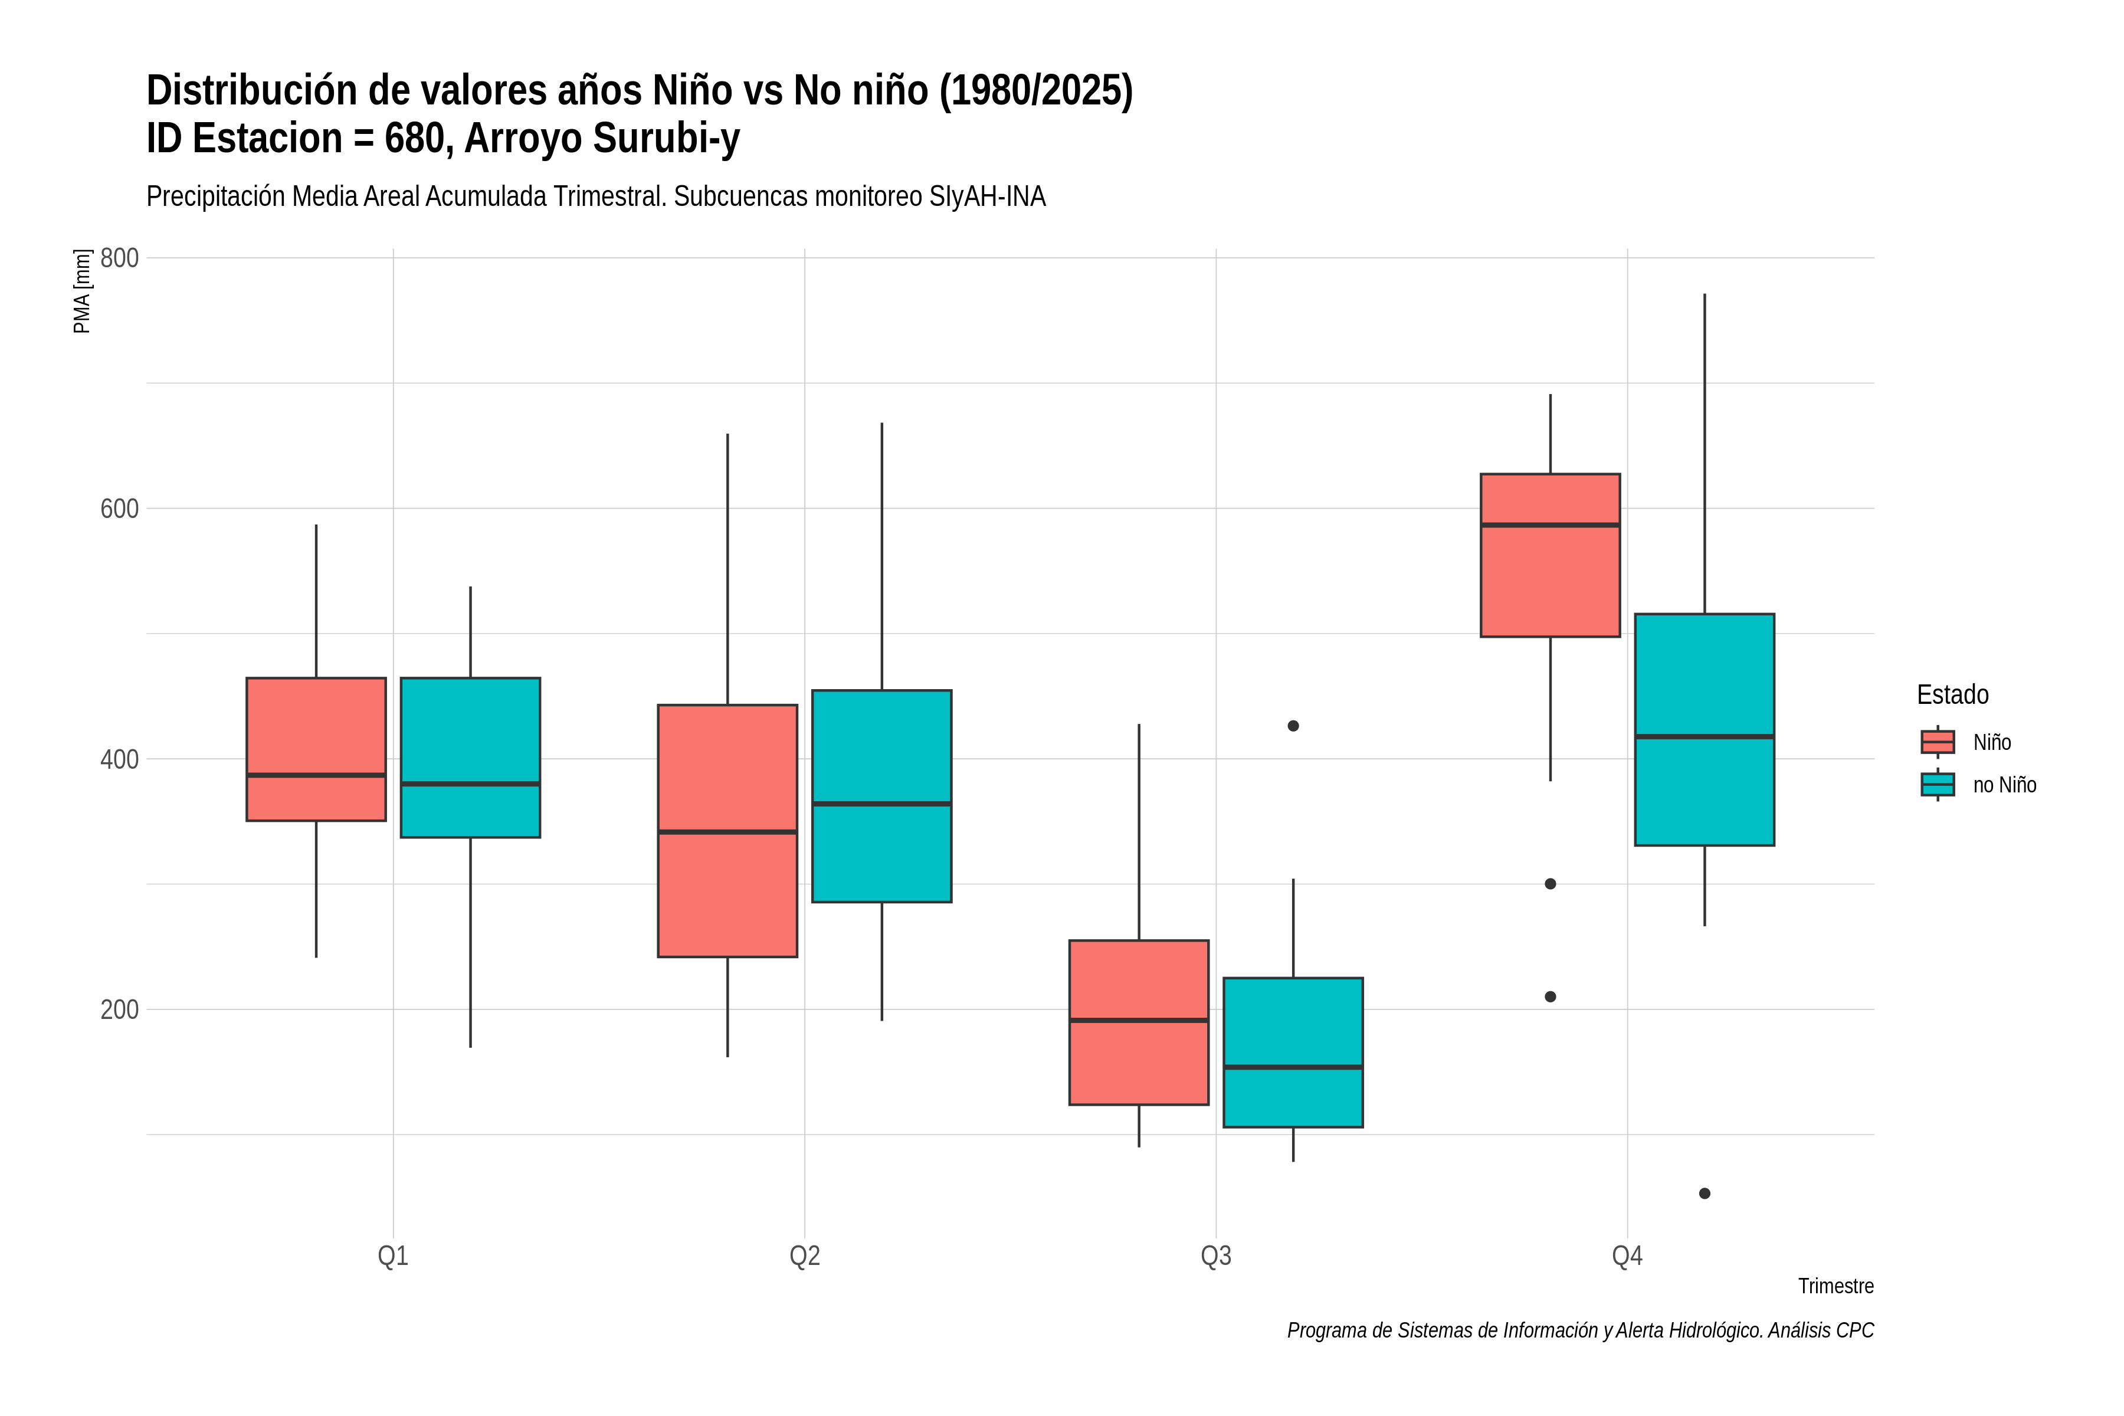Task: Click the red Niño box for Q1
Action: tap(316, 749)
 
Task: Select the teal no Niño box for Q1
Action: tap(470, 757)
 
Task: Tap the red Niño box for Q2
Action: tap(728, 830)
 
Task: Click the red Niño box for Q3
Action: tap(1139, 1022)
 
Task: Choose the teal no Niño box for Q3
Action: tap(1293, 1052)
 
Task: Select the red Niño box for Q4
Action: tap(1551, 555)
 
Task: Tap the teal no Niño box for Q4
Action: tap(1705, 730)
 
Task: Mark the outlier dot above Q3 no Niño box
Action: tap(1293, 726)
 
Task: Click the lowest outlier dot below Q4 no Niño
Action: tap(1705, 1194)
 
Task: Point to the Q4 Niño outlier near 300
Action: tap(1551, 884)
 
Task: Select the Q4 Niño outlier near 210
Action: tap(1551, 997)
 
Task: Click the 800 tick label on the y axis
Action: tap(119, 258)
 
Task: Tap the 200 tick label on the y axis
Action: tap(119, 1009)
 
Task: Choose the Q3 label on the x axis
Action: tap(1217, 1256)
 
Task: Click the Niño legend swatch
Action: tap(1937, 742)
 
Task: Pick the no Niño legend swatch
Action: tap(1937, 785)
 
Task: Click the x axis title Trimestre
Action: tap(1836, 1286)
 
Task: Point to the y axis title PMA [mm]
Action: tap(82, 291)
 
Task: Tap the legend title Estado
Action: tap(1952, 694)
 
